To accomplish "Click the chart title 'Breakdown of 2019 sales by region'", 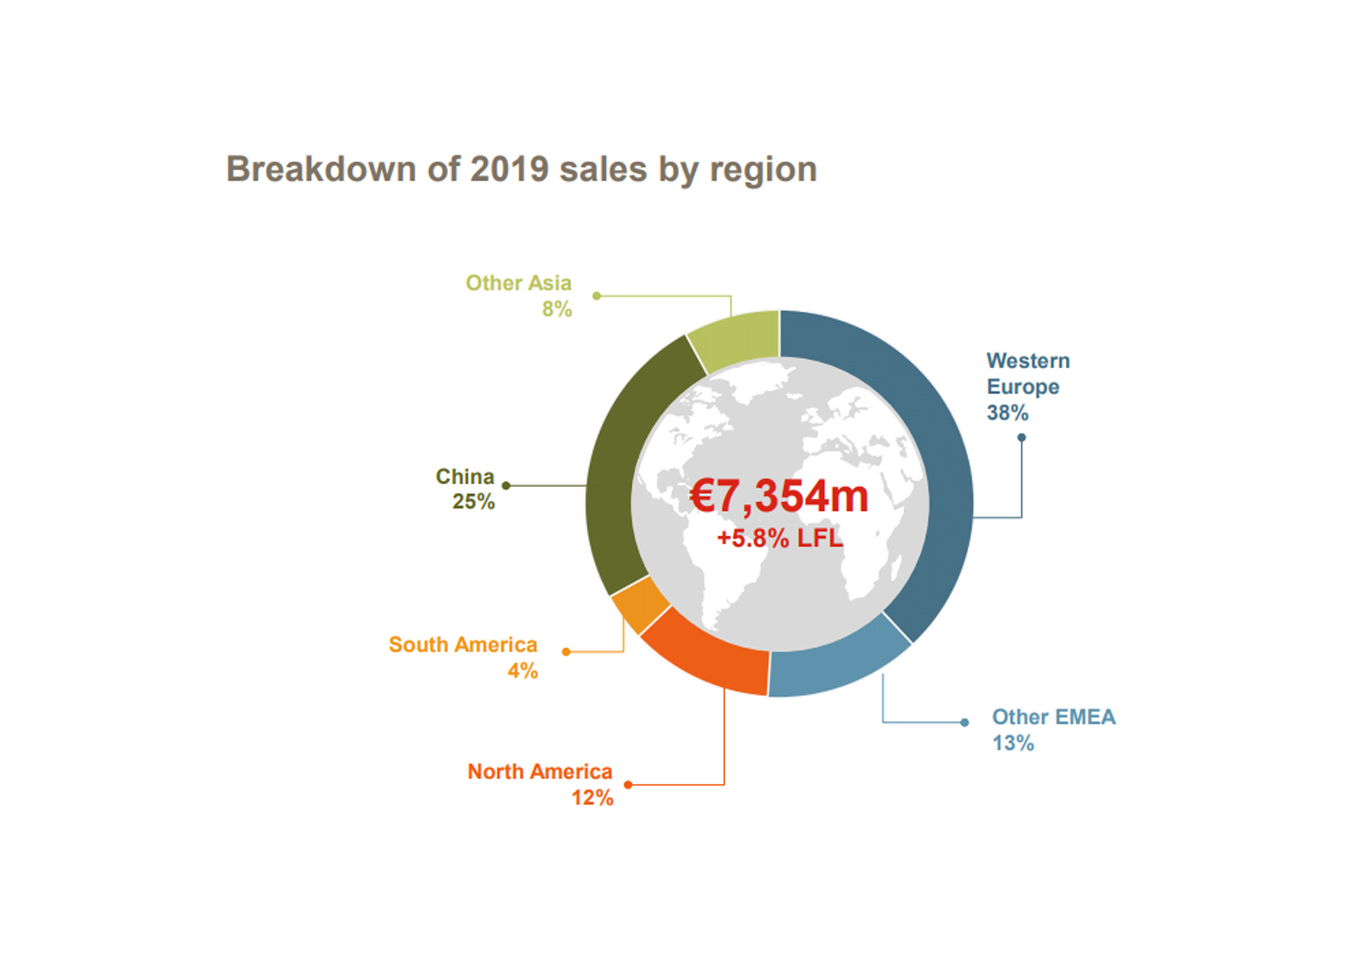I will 521,170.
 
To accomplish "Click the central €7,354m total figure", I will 779,496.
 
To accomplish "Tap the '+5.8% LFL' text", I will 779,538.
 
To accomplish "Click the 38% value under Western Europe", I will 1007,413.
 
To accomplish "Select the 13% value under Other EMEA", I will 1013,743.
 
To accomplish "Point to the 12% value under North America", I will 592,798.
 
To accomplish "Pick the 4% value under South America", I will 523,671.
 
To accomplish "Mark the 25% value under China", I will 473,502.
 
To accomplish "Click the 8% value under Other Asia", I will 557,309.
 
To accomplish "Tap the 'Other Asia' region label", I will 519,283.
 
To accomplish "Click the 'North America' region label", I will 540,772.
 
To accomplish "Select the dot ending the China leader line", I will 506,486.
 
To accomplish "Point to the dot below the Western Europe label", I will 1022,438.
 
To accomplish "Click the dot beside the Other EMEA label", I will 965,723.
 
